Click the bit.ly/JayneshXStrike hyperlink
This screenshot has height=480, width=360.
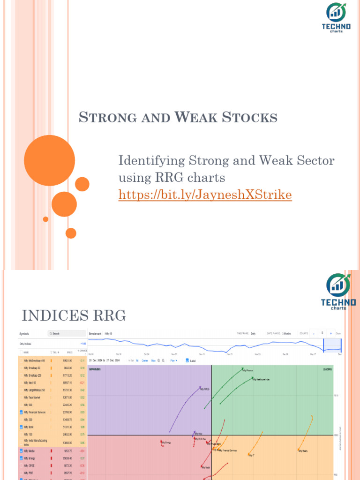(x=205, y=195)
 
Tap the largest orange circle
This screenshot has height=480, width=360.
(x=49, y=160)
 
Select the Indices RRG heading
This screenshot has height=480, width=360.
(x=74, y=315)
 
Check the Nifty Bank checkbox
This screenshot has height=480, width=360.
(x=22, y=427)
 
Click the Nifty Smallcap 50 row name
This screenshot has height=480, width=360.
(x=33, y=368)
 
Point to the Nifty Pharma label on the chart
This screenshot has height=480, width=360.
(x=247, y=370)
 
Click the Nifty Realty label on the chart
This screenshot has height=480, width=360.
(x=303, y=450)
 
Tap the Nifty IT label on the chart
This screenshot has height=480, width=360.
(x=252, y=455)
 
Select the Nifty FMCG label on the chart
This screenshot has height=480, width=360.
(x=205, y=389)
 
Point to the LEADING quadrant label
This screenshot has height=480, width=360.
(x=327, y=369)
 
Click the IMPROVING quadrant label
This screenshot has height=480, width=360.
(x=95, y=369)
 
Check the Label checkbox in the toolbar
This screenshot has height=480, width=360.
(x=187, y=360)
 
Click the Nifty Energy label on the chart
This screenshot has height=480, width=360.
(x=166, y=442)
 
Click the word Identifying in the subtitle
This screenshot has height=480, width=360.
(x=150, y=161)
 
